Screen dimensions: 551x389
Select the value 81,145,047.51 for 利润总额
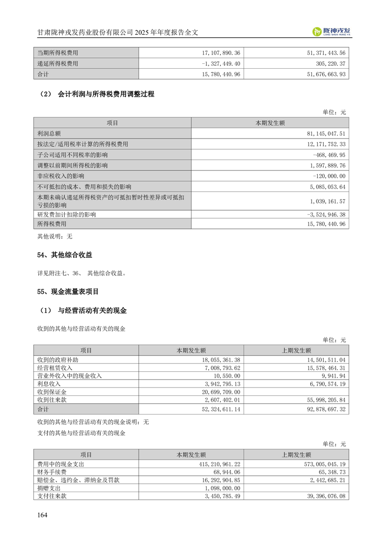[321, 134]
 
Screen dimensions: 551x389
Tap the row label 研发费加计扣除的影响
[67, 215]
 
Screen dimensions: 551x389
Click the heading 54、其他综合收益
[65, 255]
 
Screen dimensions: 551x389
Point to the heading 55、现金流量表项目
[68, 292]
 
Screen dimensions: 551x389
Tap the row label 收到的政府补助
[58, 360]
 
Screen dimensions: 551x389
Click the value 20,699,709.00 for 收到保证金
[215, 392]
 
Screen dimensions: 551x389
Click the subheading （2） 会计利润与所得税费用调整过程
[96, 94]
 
